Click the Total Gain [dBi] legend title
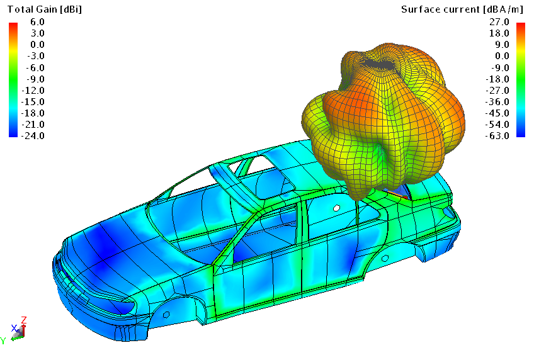45,9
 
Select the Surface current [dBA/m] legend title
462,9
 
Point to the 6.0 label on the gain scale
37,22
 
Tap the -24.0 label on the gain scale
33,135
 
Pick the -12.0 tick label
33,90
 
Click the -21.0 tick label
33,124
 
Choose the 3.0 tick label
37,33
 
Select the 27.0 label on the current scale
499,22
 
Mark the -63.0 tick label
497,135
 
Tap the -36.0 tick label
497,101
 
